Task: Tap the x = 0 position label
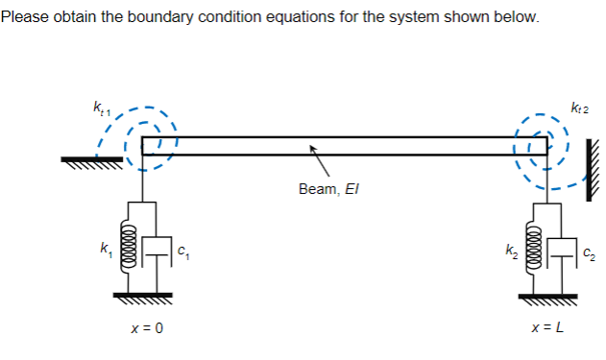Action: point(146,329)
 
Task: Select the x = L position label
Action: point(546,329)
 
